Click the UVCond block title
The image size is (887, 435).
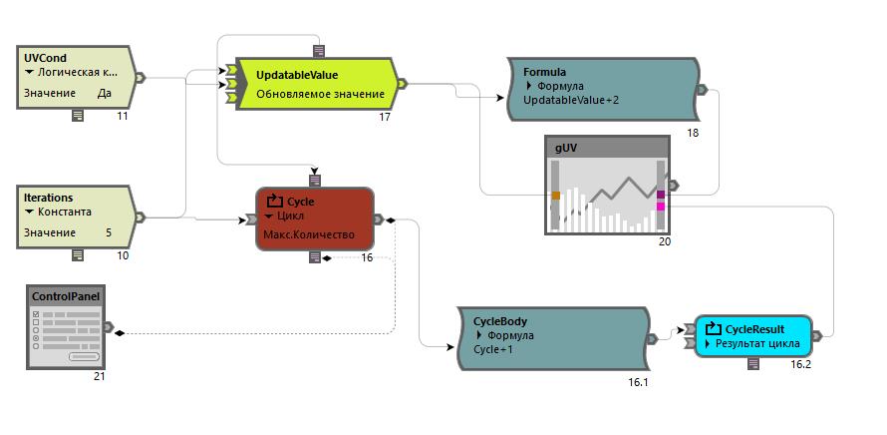coord(46,58)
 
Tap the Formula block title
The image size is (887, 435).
coord(545,72)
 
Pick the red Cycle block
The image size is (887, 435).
coord(315,218)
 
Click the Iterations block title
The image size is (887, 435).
coord(49,198)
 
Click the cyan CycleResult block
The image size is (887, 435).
coord(753,336)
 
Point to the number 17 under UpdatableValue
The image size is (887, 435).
coord(385,118)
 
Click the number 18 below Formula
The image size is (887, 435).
coord(694,133)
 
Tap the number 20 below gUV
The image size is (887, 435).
coord(665,242)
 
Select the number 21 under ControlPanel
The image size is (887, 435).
coord(100,376)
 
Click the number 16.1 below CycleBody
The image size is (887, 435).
coord(639,382)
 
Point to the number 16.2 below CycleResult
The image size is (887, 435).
coord(801,365)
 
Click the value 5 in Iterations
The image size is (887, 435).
coord(109,232)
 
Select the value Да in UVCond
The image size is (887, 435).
coord(105,93)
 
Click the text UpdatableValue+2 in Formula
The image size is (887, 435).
coord(571,100)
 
